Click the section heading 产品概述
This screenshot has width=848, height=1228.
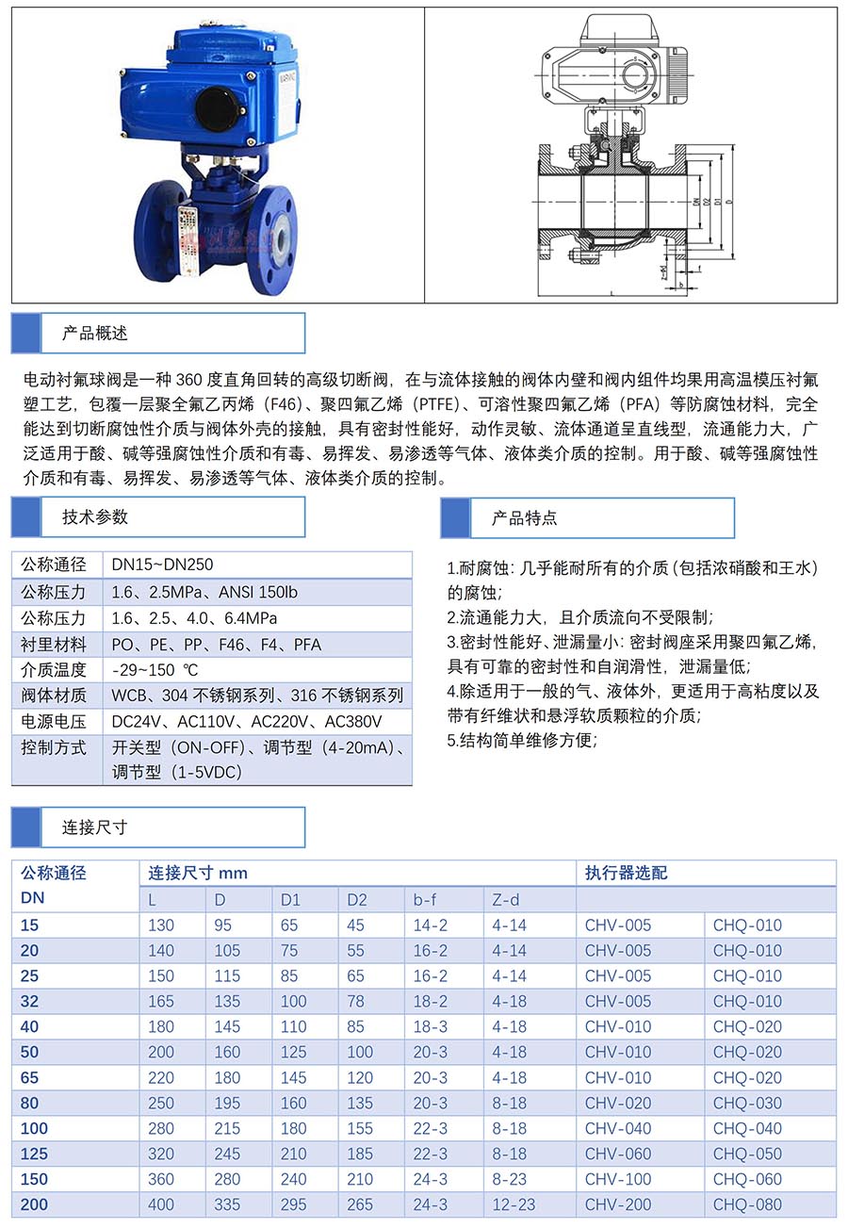[x=95, y=333]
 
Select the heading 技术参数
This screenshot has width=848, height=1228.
[x=95, y=516]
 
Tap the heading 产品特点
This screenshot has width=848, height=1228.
[x=524, y=517]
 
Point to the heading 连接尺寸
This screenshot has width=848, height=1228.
[x=95, y=827]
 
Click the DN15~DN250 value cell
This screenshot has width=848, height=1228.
[x=162, y=565]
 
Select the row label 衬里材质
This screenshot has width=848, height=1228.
[x=54, y=645]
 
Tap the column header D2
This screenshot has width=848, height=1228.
[x=357, y=899]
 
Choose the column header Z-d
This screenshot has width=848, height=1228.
[x=506, y=899]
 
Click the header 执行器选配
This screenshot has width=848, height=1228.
[x=626, y=873]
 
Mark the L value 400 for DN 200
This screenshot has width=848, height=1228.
[x=161, y=1204]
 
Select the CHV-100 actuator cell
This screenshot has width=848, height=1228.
[x=618, y=1179]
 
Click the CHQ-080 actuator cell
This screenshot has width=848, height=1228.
[x=747, y=1204]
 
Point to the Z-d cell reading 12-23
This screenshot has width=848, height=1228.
[x=514, y=1204]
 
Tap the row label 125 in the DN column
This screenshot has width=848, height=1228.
[x=34, y=1154]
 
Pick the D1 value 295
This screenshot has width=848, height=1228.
[x=294, y=1204]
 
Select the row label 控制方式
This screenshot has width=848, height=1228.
[x=54, y=747]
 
